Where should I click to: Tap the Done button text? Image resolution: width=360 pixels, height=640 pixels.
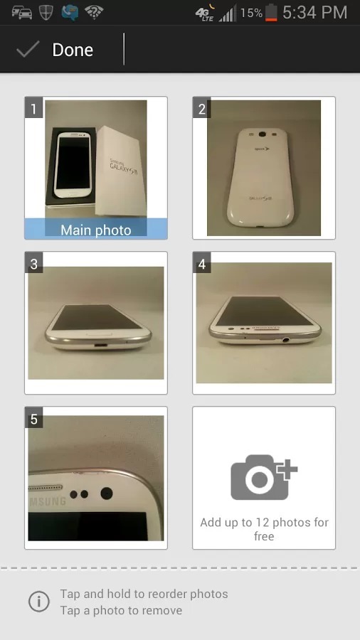tap(73, 50)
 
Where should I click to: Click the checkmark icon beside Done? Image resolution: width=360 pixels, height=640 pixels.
tap(28, 49)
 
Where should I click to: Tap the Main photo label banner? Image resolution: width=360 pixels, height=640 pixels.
tap(96, 230)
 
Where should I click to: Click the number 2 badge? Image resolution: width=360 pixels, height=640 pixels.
tap(202, 109)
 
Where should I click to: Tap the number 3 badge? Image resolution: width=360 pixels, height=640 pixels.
tap(33, 264)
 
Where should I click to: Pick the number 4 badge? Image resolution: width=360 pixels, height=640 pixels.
tap(202, 264)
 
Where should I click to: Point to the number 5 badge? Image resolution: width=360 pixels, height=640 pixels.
tap(33, 419)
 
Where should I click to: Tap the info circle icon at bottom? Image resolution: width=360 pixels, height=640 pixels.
tap(38, 602)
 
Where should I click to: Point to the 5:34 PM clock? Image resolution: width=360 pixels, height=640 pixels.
tap(315, 12)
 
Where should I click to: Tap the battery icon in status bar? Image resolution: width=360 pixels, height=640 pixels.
tap(272, 13)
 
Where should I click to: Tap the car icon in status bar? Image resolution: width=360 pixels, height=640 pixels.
tap(21, 12)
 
